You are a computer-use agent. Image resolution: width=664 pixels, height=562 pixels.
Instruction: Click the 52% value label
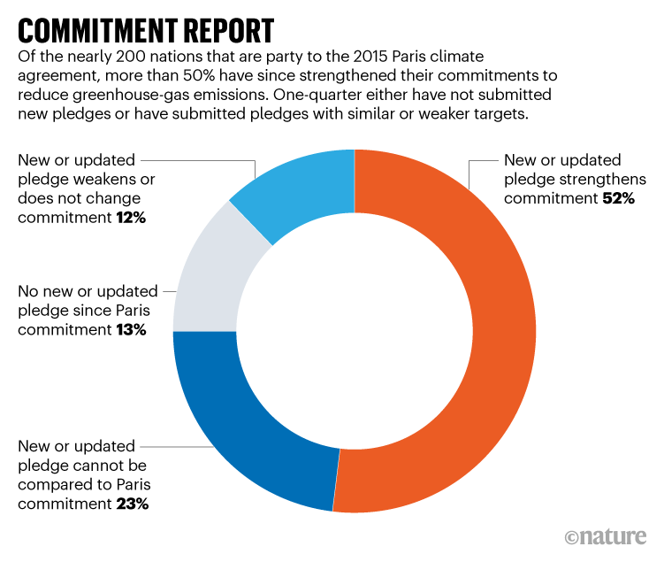[618, 198]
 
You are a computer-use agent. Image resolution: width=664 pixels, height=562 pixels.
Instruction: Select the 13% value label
[130, 330]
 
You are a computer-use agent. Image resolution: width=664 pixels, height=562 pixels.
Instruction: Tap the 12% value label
[131, 216]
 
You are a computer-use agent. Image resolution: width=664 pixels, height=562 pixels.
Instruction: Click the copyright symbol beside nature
[573, 537]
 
